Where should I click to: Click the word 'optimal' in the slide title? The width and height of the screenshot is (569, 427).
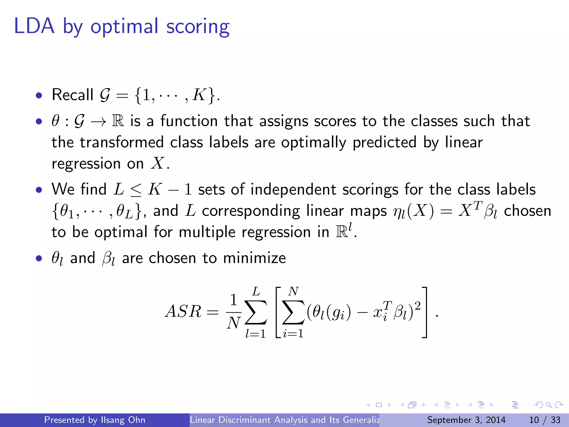[124, 27]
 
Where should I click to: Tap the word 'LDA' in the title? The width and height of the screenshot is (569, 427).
[34, 26]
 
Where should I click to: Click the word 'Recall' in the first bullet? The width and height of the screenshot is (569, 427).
[72, 95]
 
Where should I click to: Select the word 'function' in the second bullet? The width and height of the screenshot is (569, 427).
[189, 121]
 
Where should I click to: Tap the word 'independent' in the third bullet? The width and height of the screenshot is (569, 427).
[293, 190]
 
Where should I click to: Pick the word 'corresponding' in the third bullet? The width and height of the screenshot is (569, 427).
[251, 211]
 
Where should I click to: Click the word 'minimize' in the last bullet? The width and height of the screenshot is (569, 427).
[254, 258]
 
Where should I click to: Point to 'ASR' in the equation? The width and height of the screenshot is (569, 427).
[183, 311]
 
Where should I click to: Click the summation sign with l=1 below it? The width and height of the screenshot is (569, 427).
[256, 312]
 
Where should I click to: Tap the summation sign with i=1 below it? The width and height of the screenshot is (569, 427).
[293, 312]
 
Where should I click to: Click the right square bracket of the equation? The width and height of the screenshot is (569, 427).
[424, 312]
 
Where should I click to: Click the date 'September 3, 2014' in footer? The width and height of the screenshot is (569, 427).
[466, 420]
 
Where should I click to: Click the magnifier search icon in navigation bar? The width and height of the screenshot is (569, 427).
[549, 405]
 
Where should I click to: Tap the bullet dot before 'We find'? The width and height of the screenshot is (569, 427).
[39, 190]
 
